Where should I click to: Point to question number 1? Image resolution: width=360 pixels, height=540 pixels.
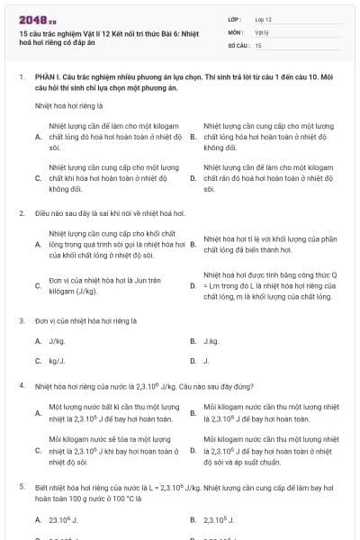[x=21, y=78]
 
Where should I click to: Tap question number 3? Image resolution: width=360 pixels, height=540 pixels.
[x=21, y=320]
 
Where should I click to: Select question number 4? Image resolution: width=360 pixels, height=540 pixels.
[x=21, y=385]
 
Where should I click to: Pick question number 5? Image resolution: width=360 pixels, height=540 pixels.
[x=21, y=487]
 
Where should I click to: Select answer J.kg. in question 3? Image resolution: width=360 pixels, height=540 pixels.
[x=211, y=341]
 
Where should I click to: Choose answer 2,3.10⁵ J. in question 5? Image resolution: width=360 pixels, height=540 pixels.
[x=220, y=520]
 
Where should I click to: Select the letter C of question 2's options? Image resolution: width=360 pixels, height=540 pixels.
[x=38, y=286]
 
